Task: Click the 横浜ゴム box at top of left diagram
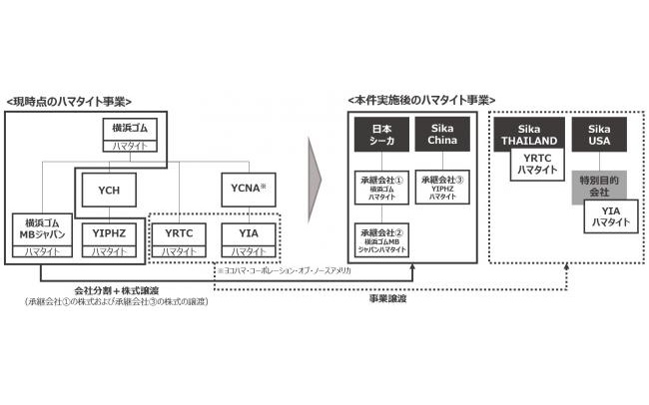pyautogui.click(x=130, y=136)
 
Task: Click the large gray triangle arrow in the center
pyautogui.click(x=318, y=181)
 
